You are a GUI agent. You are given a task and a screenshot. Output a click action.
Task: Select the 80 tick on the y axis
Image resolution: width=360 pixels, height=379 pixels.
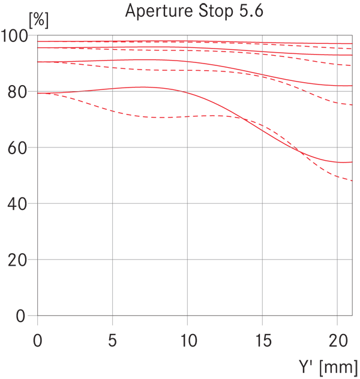(x=17, y=92)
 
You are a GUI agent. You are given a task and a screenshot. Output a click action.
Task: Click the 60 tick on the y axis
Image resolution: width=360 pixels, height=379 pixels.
(x=17, y=148)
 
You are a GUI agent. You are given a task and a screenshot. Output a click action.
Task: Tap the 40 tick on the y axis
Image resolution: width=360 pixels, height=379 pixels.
(x=17, y=204)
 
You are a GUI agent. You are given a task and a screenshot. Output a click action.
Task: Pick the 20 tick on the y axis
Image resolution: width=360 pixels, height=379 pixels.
(x=17, y=260)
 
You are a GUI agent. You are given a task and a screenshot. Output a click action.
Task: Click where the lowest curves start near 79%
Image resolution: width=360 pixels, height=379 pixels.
(x=38, y=94)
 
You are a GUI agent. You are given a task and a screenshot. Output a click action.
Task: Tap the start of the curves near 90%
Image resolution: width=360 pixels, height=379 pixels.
(x=38, y=62)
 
